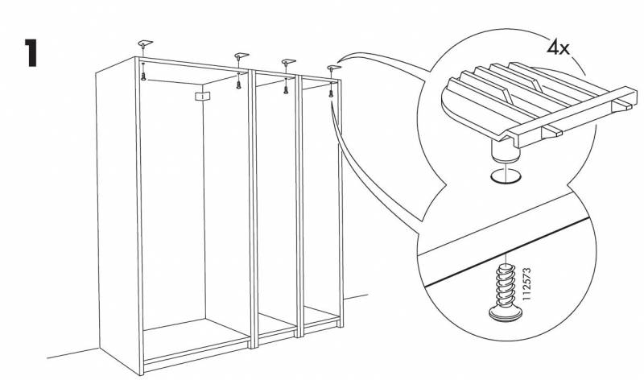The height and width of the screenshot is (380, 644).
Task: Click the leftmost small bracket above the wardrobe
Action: coord(145,43)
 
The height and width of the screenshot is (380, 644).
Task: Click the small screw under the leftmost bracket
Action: coord(144,74)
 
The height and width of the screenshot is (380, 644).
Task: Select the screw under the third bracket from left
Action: coord(286,89)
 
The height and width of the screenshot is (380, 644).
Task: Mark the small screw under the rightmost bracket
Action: coord(331,94)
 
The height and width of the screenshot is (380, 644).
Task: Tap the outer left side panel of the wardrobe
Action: coord(115,209)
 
